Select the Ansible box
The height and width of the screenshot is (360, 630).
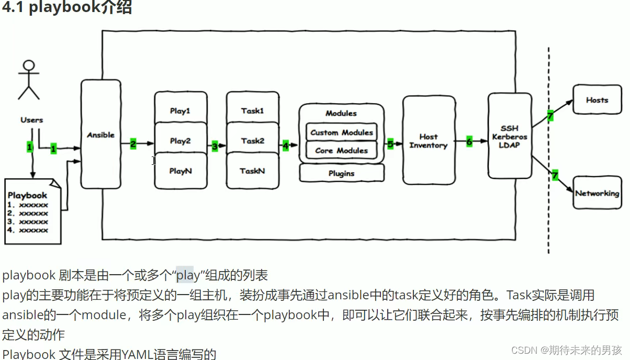point(100,134)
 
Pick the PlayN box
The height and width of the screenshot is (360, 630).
point(181,171)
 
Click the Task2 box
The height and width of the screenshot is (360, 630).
point(253,141)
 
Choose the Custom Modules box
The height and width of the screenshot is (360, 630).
point(341,132)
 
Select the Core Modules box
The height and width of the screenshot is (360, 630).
point(341,150)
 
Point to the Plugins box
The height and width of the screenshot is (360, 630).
point(341,173)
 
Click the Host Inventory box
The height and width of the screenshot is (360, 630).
point(428,141)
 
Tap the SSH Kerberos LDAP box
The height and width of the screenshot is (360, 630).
point(509,137)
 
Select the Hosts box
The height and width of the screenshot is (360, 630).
point(597,100)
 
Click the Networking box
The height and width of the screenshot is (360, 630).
point(597,193)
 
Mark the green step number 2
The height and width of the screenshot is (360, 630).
point(133,144)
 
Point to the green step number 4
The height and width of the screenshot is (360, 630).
point(286,145)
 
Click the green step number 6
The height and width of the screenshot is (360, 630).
point(469,141)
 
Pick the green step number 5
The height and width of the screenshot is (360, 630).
point(390,143)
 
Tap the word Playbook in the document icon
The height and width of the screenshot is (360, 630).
point(27,195)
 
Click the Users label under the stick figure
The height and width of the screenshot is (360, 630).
point(31,120)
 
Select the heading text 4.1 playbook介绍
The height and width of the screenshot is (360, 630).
point(67,8)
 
